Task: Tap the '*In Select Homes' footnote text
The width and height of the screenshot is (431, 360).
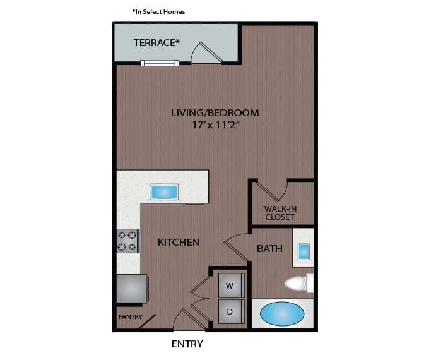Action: pos(158,11)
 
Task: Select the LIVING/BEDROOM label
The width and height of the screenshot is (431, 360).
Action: pos(215,113)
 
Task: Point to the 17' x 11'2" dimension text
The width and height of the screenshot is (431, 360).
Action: pos(215,125)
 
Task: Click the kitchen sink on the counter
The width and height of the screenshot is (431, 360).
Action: pos(163,191)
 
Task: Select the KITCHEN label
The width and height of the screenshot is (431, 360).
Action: pos(179,242)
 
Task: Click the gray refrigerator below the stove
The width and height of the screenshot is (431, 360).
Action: pos(131,288)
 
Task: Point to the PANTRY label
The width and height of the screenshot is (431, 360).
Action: pos(130,317)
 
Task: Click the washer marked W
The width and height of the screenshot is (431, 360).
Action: pos(230,285)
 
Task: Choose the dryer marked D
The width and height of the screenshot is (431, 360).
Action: pos(230,311)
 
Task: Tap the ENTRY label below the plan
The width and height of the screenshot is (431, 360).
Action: pos(187,344)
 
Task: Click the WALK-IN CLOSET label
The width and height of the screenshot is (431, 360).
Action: pos(280,212)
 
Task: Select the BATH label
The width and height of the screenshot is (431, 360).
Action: pos(269,249)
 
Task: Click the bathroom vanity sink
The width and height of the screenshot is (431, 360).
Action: pos(303,251)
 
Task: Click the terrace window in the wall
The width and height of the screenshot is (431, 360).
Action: pos(160,63)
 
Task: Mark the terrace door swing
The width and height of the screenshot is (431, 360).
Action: pos(206,53)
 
